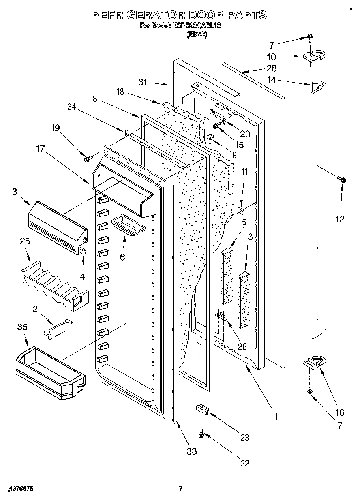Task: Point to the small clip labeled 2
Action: coord(57,327)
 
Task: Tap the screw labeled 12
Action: coord(341,179)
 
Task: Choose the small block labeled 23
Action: coord(202,410)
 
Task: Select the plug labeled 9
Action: coord(210,138)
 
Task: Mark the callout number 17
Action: coord(40,149)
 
